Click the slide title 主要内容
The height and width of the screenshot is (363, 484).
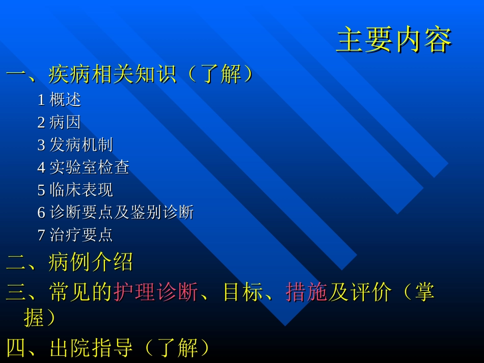[394, 41]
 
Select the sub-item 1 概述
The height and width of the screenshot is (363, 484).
[59, 100]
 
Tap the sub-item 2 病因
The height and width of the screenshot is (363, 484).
[59, 122]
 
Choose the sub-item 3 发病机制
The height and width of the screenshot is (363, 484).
[75, 145]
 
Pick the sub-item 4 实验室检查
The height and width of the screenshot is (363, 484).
[83, 167]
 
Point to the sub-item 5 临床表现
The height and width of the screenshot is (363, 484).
[75, 190]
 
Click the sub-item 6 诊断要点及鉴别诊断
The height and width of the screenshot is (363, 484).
[115, 212]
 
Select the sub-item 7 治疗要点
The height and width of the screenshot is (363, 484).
[75, 235]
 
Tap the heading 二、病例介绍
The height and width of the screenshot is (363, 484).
[70, 263]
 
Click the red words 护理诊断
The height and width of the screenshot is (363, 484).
[155, 293]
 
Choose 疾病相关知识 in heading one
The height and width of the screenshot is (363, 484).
[112, 75]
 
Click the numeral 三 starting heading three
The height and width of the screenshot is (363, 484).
[15, 293]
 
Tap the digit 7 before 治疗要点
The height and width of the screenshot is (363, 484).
[41, 235]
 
